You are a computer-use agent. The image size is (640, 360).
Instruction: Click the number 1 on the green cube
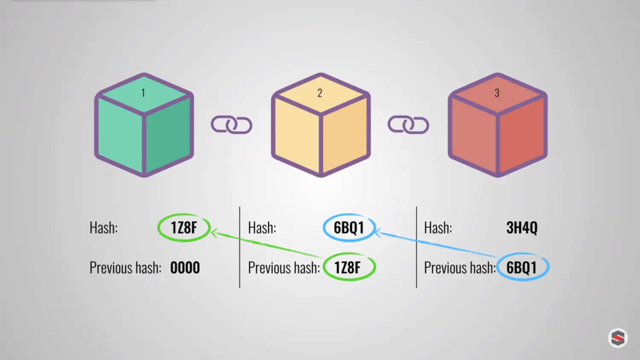tap(143, 93)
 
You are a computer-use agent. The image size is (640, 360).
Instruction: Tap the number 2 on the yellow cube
tap(320, 93)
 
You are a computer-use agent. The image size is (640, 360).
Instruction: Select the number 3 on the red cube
tap(497, 93)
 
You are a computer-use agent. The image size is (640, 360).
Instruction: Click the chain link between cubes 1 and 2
tap(232, 125)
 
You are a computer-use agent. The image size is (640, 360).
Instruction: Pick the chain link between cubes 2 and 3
tap(408, 125)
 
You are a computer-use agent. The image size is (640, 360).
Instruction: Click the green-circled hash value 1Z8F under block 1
tap(184, 228)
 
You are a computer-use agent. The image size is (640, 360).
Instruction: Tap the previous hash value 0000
tap(185, 268)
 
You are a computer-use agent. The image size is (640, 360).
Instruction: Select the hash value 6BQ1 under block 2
tap(349, 228)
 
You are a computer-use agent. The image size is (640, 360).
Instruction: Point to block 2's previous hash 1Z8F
tap(347, 268)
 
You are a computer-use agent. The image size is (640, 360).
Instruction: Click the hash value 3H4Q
tap(522, 228)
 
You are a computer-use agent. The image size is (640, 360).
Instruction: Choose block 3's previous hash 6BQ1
tap(521, 268)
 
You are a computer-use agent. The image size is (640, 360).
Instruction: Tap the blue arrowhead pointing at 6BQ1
tap(378, 232)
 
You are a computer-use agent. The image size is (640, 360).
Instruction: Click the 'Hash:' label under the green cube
tap(104, 228)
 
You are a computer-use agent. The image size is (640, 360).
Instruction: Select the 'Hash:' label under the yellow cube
tap(262, 228)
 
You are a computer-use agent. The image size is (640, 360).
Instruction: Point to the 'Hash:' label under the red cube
tap(438, 228)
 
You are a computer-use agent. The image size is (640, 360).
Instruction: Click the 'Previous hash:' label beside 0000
tap(125, 268)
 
